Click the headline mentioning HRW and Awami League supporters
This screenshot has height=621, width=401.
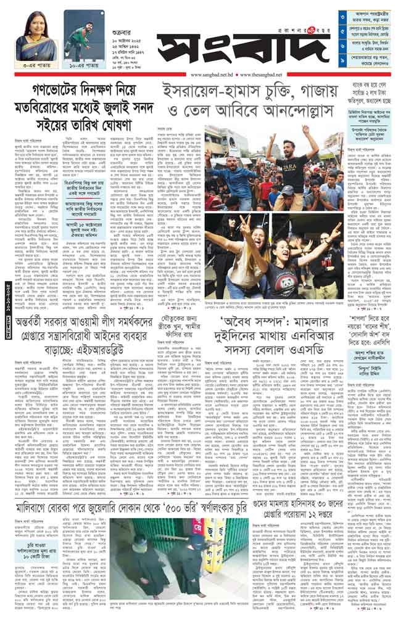pyautogui.click(x=95, y=343)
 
